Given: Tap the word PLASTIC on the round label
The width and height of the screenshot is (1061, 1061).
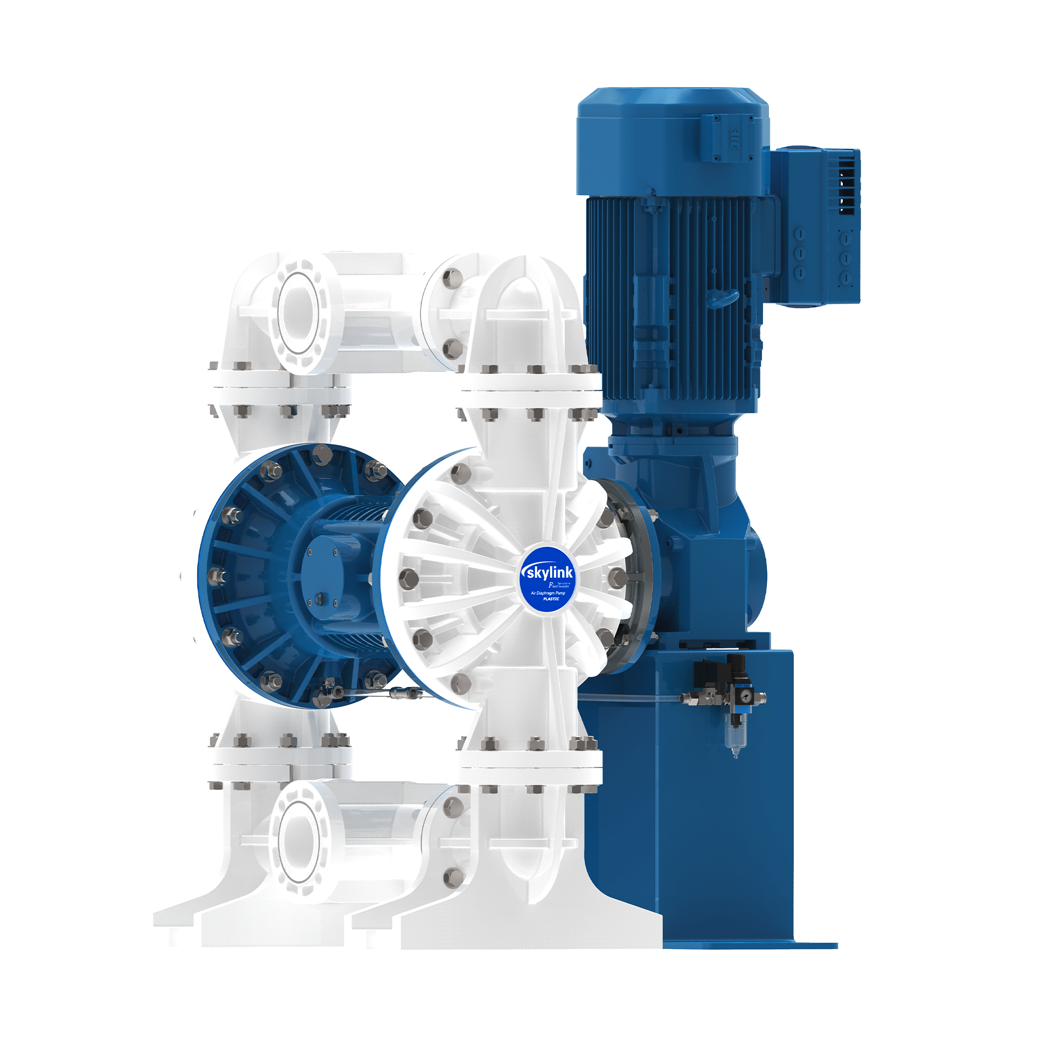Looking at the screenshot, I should [551, 599].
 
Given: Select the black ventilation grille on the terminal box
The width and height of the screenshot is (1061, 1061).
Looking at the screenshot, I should [848, 181].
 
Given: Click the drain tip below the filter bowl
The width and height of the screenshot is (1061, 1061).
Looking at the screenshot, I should [736, 755].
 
